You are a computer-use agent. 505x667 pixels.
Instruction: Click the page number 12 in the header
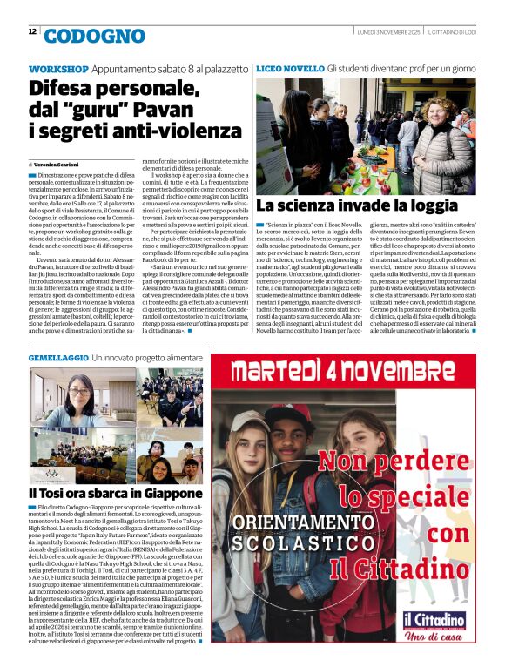point(32,31)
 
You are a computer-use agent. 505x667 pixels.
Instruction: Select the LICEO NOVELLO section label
point(290,69)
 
